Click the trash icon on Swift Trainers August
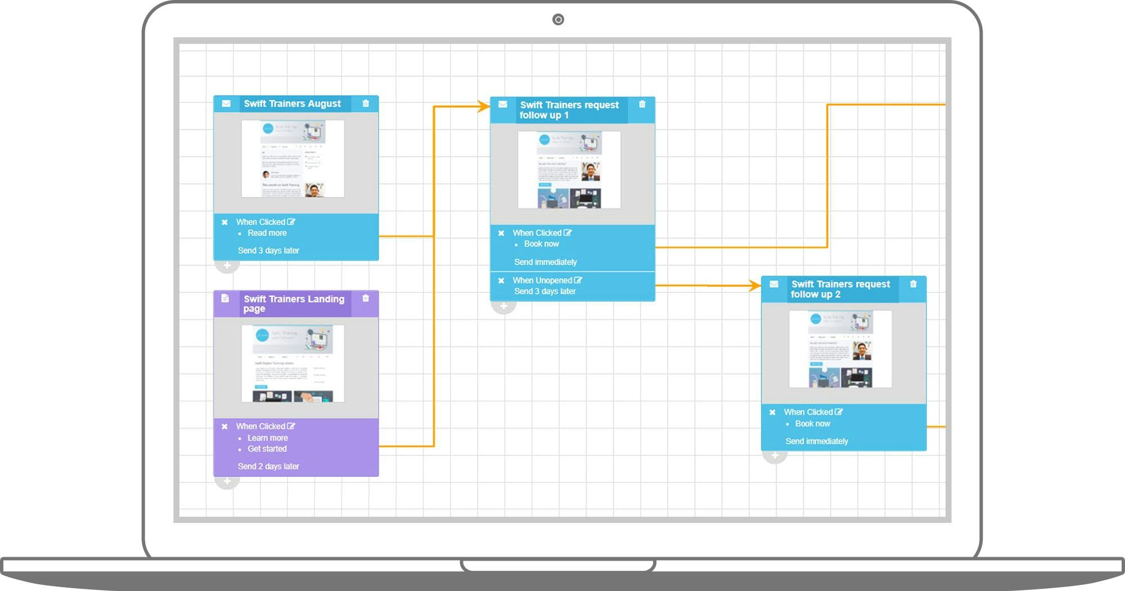pyautogui.click(x=366, y=103)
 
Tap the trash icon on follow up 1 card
pyautogui.click(x=642, y=104)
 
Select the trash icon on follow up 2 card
pyautogui.click(x=913, y=284)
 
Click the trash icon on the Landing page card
pyautogui.click(x=366, y=298)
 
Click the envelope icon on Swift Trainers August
pyautogui.click(x=226, y=103)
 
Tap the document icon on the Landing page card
pyautogui.click(x=225, y=298)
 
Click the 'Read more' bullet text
pyautogui.click(x=267, y=233)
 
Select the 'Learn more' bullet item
pyautogui.click(x=268, y=437)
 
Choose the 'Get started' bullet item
pyautogui.click(x=267, y=449)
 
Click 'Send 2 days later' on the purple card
pyautogui.click(x=268, y=466)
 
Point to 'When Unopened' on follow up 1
pyautogui.click(x=542, y=280)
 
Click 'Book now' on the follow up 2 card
pyautogui.click(x=813, y=423)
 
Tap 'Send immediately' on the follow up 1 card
pyautogui.click(x=546, y=262)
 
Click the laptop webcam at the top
pyautogui.click(x=558, y=20)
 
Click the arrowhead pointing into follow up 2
pyautogui.click(x=755, y=286)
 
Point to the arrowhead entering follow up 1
pyautogui.click(x=483, y=106)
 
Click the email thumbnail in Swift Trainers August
pyautogui.click(x=293, y=159)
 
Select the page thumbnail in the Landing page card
pyautogui.click(x=293, y=363)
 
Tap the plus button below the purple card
pyautogui.click(x=227, y=481)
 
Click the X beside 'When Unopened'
pyautogui.click(x=501, y=280)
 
